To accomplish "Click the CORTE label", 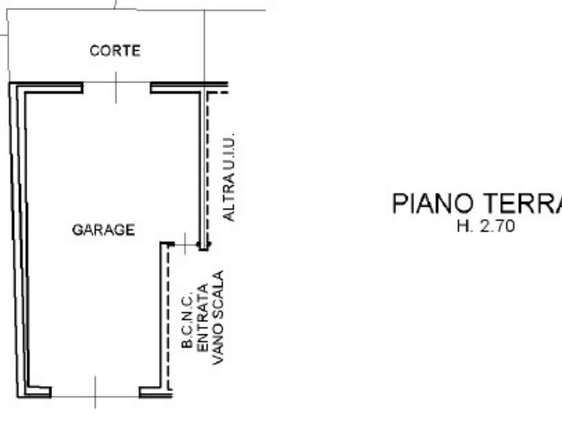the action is coord(115,51).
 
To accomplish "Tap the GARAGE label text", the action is coord(104,230).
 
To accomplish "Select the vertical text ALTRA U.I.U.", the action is coord(229,177).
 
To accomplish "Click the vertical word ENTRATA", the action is coord(203,318).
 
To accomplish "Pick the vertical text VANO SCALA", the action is coord(218,317).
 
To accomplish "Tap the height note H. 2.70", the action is coord(486,226).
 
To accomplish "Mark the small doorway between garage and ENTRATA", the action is coord(186,244).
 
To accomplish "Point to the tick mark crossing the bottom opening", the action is coord(95,392).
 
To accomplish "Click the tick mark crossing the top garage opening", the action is coord(116,88).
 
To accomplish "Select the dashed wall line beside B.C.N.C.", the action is coord(168,317).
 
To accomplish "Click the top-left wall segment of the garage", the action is coord(47,88).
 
